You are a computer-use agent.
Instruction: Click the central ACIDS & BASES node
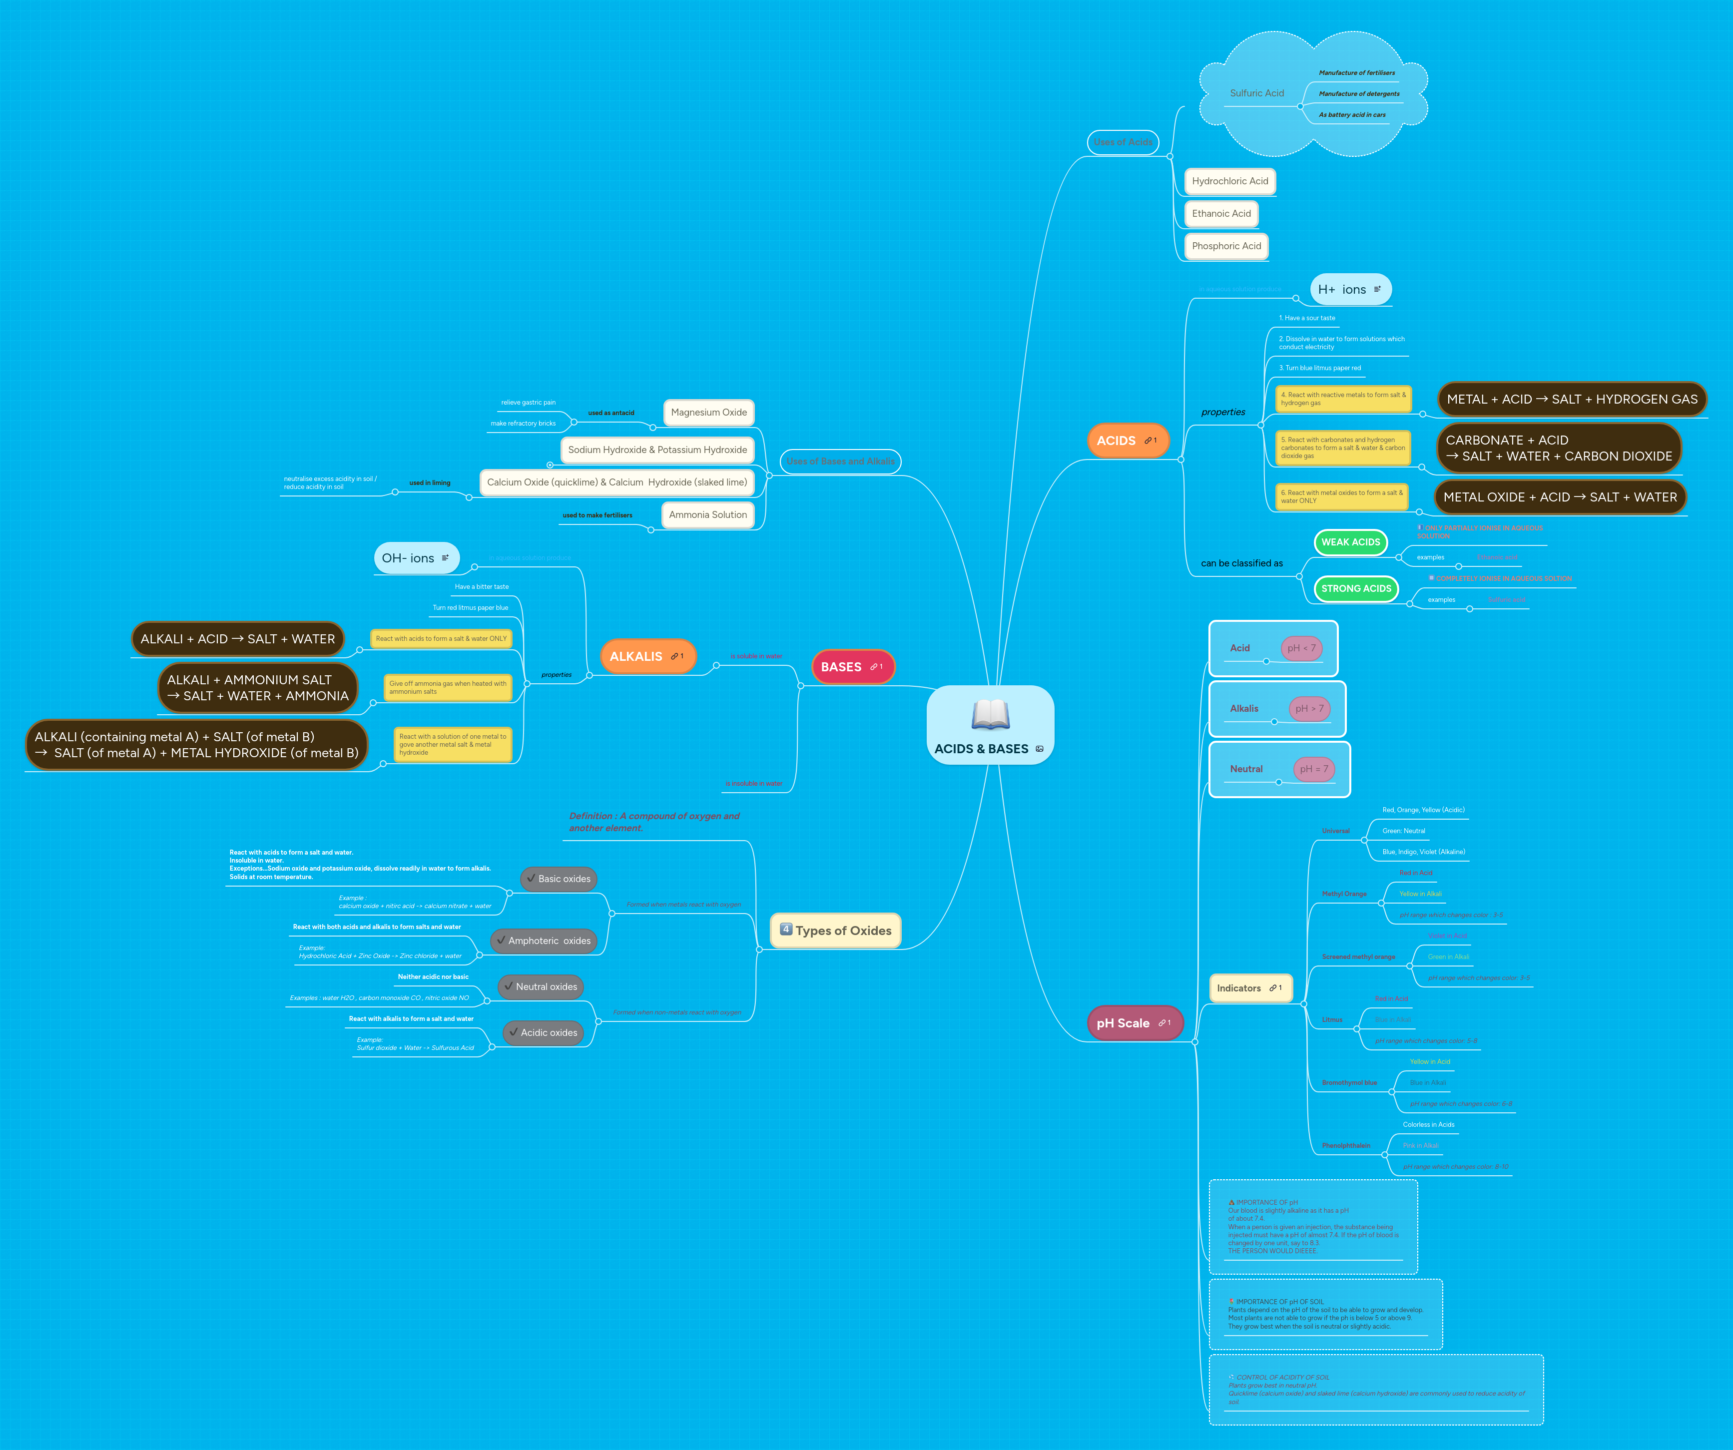tap(990, 725)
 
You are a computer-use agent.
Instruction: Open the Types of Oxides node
tap(836, 930)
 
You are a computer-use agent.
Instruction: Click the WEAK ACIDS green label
tap(1350, 542)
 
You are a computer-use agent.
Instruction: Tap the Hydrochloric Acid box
tap(1229, 181)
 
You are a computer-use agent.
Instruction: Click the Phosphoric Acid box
tap(1226, 246)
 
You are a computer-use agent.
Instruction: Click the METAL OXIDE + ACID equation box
tap(1560, 497)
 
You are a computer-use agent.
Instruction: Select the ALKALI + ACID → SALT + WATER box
tap(238, 639)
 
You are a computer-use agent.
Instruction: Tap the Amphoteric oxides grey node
tap(544, 941)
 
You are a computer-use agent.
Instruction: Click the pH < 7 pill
tap(1301, 648)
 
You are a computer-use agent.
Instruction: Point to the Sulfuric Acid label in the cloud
tap(1257, 93)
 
